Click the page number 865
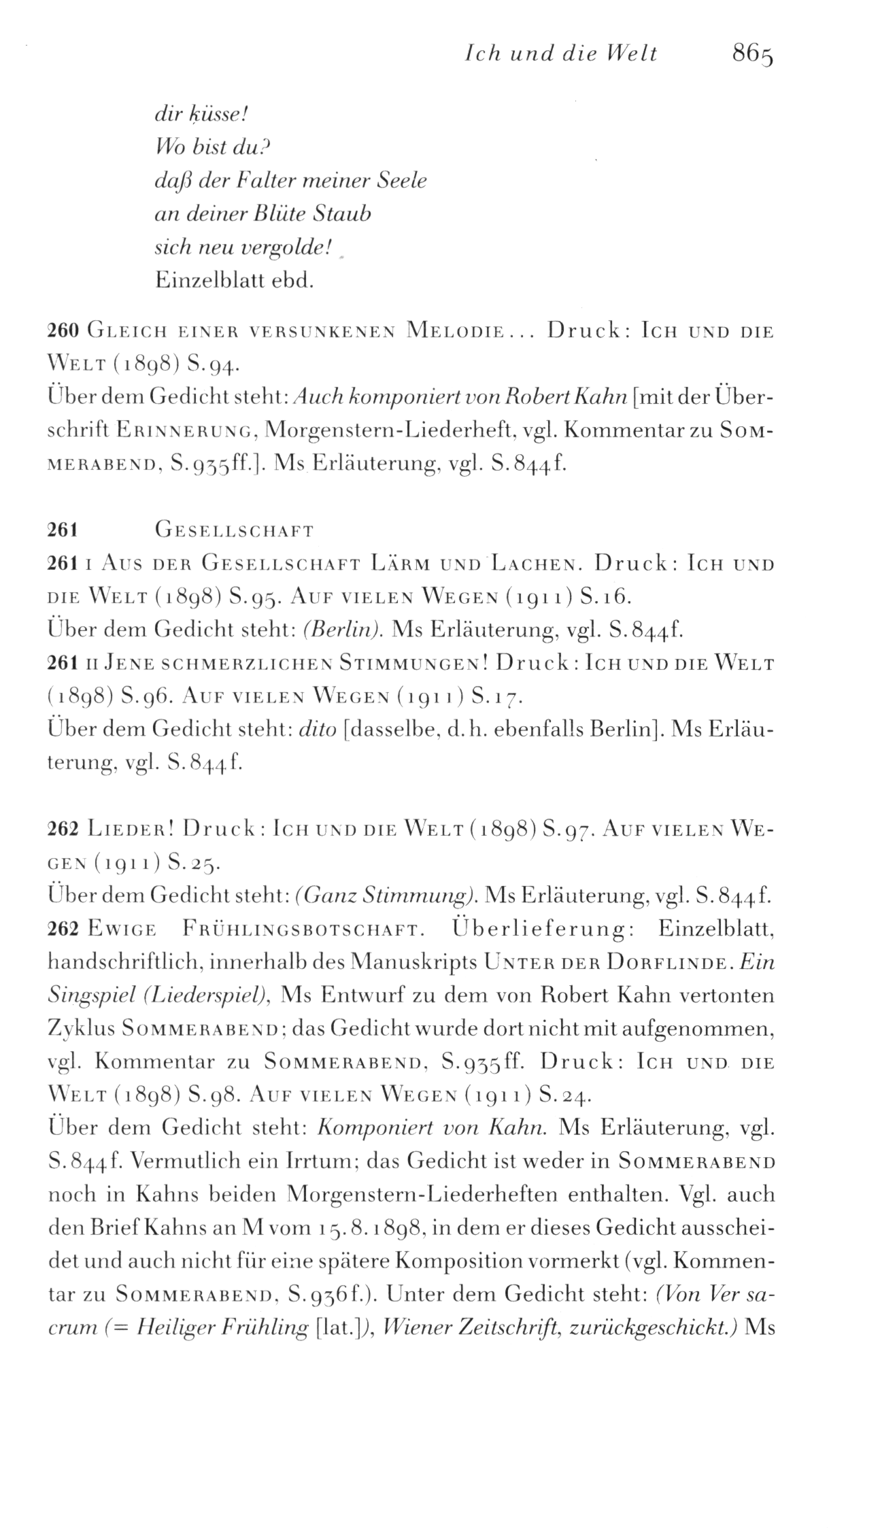754,54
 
